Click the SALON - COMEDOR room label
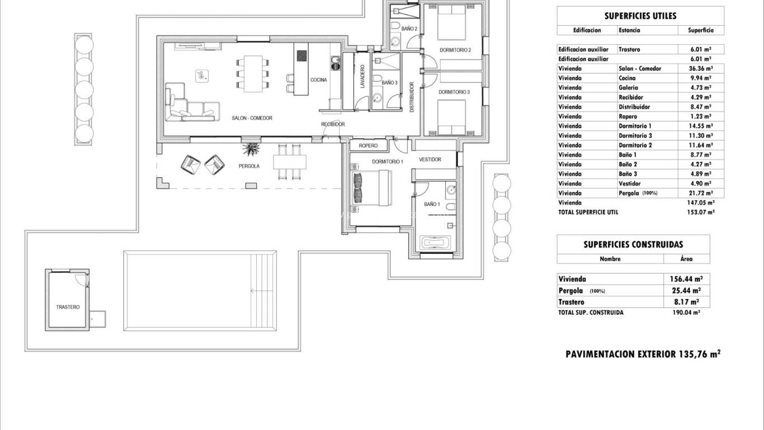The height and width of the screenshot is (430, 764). [252, 118]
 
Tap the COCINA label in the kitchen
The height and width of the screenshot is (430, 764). [318, 80]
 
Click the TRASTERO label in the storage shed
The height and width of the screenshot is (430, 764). [68, 307]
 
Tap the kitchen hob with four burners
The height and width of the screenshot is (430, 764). [301, 55]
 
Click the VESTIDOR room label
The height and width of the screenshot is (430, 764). [430, 160]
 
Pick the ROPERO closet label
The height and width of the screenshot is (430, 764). [368, 146]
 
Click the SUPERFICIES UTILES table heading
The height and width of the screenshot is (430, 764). [640, 16]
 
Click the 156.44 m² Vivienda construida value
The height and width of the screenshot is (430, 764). [686, 279]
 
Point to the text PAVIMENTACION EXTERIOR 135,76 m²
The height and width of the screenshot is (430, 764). [643, 354]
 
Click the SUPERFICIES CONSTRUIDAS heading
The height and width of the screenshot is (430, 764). [633, 244]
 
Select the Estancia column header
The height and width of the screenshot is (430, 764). [629, 30]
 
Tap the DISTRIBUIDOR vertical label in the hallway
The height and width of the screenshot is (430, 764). [412, 97]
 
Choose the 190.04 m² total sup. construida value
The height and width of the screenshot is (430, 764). [685, 312]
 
